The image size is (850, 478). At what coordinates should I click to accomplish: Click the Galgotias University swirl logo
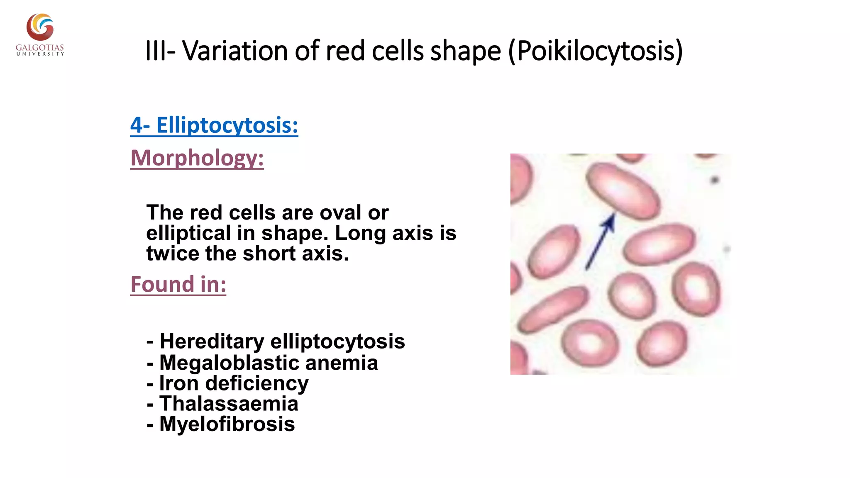point(40,27)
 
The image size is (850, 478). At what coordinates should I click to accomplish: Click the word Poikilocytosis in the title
point(596,51)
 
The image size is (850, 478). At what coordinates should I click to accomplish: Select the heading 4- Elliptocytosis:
point(214,125)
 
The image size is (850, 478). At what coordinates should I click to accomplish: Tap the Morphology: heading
point(197,158)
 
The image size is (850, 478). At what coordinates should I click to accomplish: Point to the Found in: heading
point(178,285)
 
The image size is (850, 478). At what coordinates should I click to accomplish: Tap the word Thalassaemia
point(229,404)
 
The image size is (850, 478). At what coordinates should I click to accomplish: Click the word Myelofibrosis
point(227,424)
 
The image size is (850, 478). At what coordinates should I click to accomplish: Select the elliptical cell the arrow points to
point(623,190)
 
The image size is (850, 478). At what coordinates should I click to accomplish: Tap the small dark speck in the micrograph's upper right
point(715,180)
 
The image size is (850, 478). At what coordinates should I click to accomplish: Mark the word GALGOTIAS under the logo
point(40,48)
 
